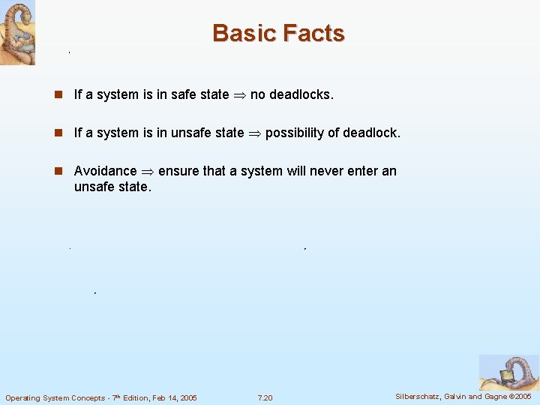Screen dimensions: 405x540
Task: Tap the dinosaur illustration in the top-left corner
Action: pyautogui.click(x=17, y=32)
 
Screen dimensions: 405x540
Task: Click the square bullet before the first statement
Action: pyautogui.click(x=58, y=94)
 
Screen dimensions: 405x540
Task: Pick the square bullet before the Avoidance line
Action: pyautogui.click(x=58, y=171)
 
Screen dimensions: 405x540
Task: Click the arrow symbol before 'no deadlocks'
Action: pyautogui.click(x=239, y=94)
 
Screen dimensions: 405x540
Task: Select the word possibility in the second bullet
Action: pyautogui.click(x=295, y=133)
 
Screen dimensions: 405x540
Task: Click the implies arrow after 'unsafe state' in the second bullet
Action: pyautogui.click(x=254, y=133)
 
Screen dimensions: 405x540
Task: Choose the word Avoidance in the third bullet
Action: pyautogui.click(x=105, y=171)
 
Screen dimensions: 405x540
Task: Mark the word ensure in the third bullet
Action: pyautogui.click(x=178, y=171)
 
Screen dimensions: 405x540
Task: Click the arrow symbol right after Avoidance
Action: pyautogui.click(x=147, y=171)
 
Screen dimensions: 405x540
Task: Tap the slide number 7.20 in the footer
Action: pyautogui.click(x=265, y=397)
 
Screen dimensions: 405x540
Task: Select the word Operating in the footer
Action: pyautogui.click(x=23, y=397)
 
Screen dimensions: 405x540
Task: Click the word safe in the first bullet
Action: pyautogui.click(x=184, y=94)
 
